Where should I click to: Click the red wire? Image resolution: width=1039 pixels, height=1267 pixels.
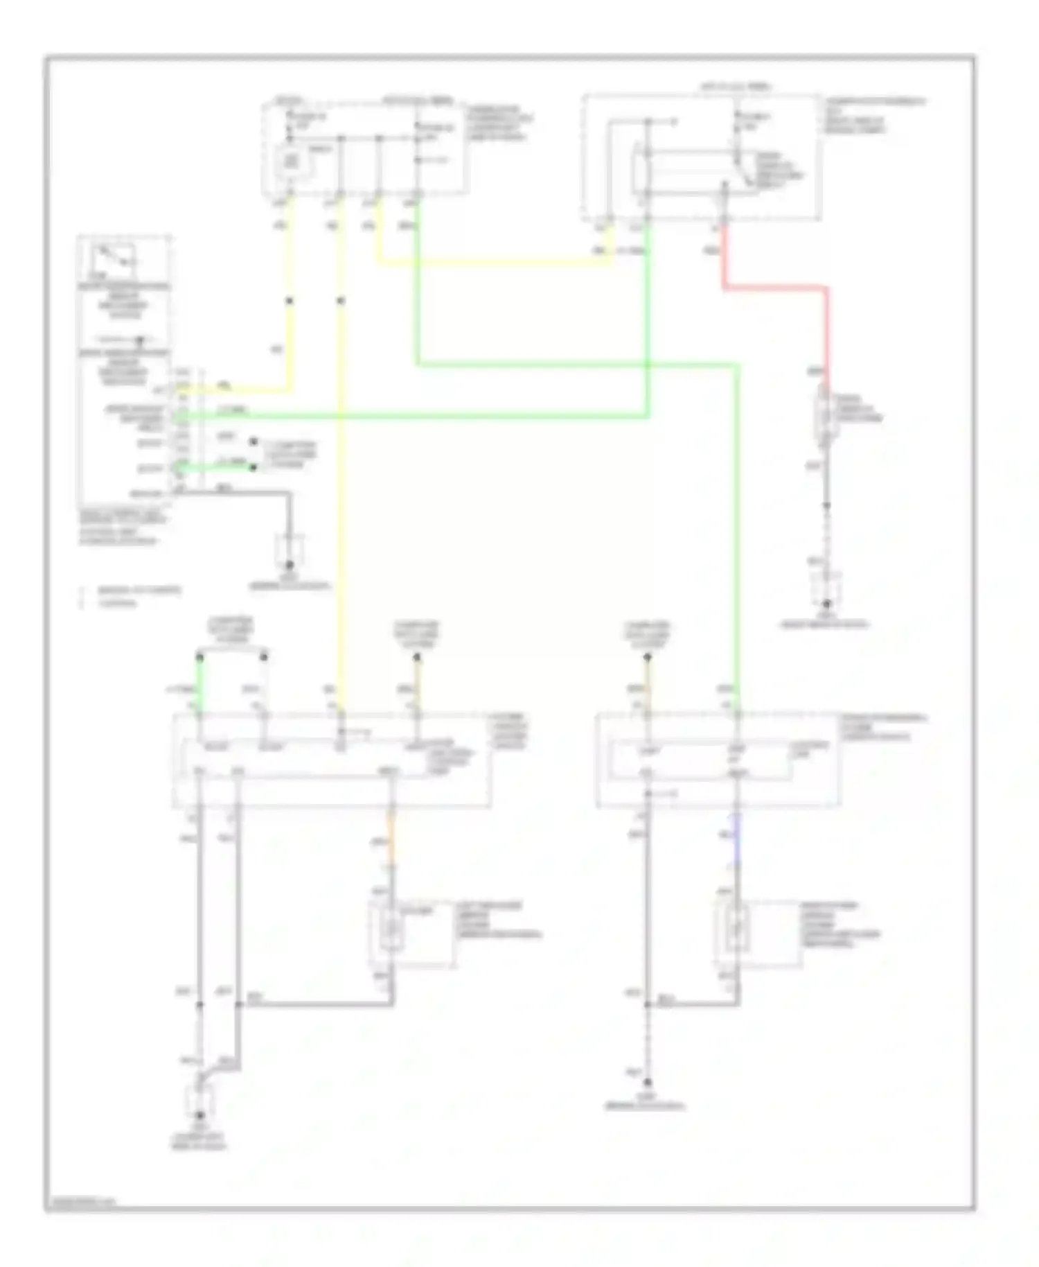(774, 286)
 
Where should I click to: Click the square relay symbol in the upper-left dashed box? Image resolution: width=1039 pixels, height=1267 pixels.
(290, 162)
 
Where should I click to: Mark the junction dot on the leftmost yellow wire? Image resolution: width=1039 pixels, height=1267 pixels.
(290, 301)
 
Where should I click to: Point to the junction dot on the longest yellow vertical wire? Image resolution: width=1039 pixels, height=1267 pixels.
(340, 301)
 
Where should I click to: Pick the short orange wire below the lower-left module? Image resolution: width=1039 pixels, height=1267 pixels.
(391, 843)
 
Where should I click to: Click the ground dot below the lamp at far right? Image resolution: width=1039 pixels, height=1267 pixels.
(826, 604)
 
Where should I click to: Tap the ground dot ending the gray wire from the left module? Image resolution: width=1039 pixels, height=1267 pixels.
(290, 566)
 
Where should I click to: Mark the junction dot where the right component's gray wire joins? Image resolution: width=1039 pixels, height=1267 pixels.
(648, 1004)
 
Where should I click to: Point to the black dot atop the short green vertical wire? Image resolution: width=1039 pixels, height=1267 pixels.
(199, 654)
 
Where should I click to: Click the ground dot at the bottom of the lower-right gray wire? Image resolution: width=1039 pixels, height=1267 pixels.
(648, 1082)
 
